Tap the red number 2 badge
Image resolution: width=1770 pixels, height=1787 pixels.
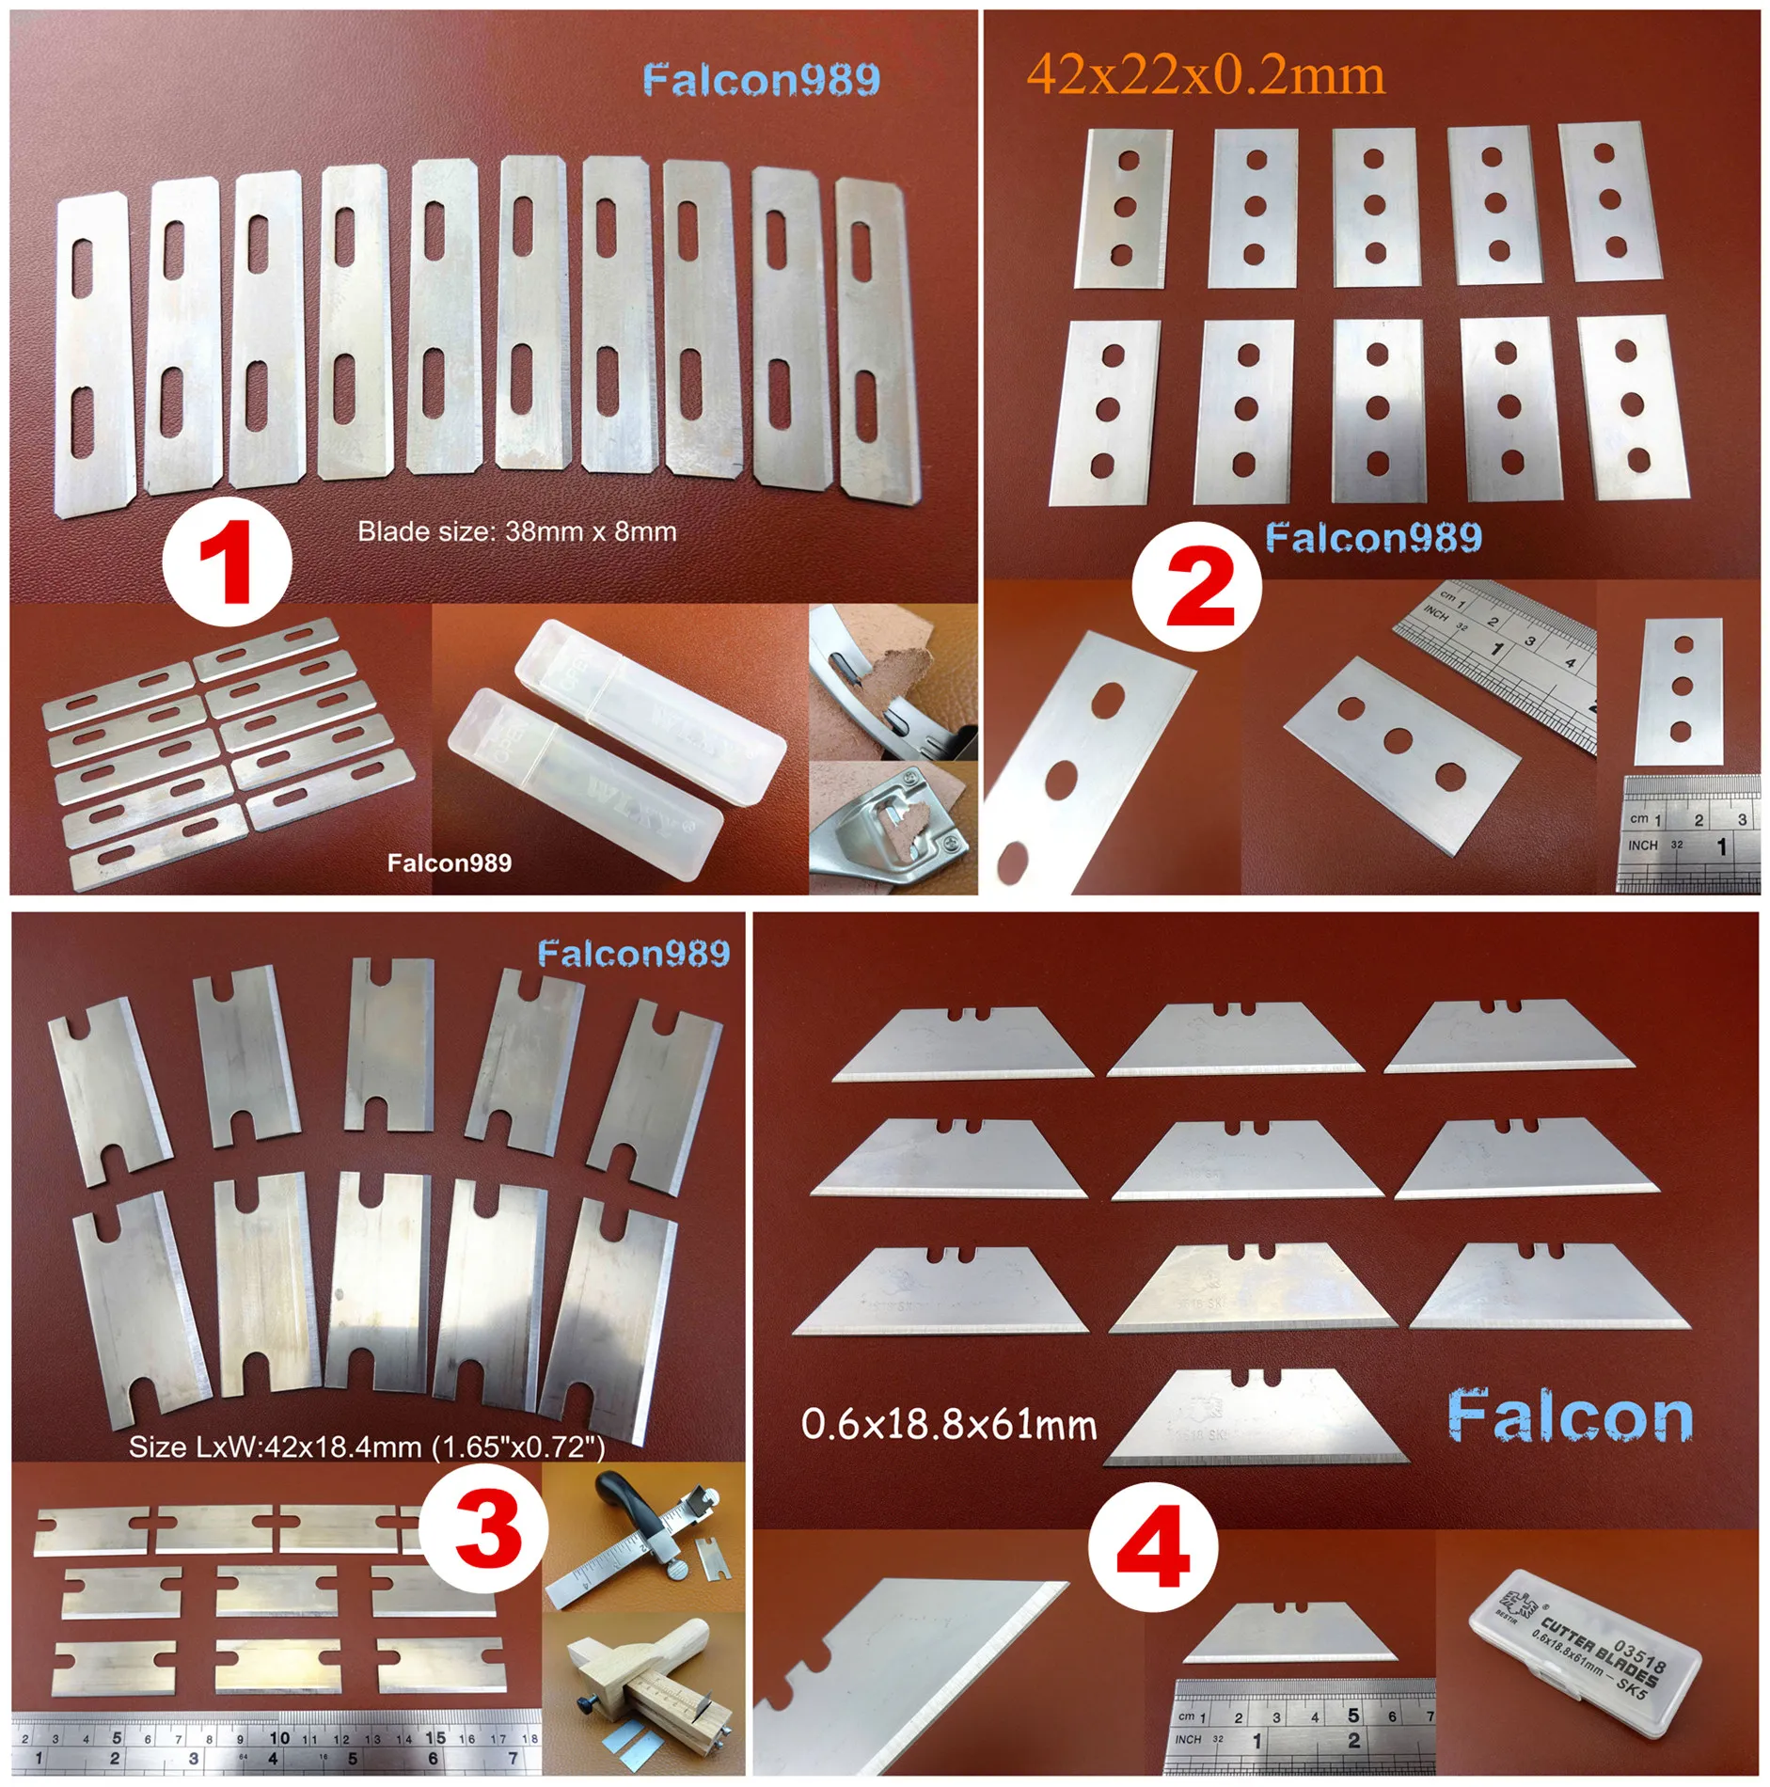pyautogui.click(x=1196, y=587)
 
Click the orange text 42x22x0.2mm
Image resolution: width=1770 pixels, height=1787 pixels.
pyautogui.click(x=1206, y=75)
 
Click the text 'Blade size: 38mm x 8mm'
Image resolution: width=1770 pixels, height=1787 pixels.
pyautogui.click(x=516, y=531)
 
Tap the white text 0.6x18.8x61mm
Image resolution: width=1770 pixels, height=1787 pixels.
pyautogui.click(x=948, y=1425)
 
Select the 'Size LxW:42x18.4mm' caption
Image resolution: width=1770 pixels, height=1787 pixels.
pyautogui.click(x=366, y=1447)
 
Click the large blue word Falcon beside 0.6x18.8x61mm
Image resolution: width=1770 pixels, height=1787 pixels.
pyautogui.click(x=1570, y=1418)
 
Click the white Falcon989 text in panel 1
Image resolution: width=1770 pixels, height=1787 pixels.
pyautogui.click(x=450, y=862)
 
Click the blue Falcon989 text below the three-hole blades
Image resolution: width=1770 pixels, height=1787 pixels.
pyautogui.click(x=1373, y=537)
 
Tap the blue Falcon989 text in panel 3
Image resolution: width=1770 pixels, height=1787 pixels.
pyautogui.click(x=634, y=954)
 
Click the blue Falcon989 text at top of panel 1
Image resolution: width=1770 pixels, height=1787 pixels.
pyautogui.click(x=762, y=80)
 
